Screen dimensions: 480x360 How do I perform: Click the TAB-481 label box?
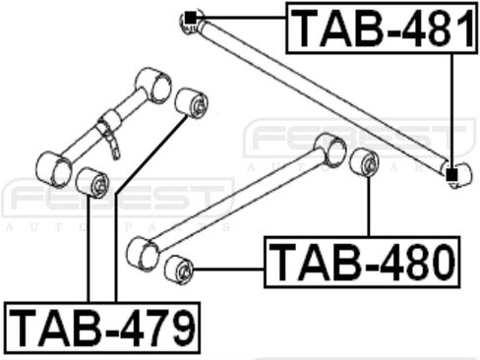(x=382, y=28)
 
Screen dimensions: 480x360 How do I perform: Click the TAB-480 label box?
(x=362, y=262)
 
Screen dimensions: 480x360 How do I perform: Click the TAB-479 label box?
(x=102, y=328)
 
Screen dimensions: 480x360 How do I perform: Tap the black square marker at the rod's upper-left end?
(x=191, y=18)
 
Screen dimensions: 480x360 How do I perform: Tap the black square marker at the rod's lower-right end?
(x=451, y=175)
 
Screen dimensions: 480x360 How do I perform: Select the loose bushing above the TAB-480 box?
(x=364, y=162)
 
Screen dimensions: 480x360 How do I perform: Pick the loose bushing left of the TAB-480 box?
(x=179, y=270)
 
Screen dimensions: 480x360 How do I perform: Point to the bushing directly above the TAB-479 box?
(x=92, y=182)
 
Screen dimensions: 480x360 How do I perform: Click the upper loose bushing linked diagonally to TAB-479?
(x=192, y=102)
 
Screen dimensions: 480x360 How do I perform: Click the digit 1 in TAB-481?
(x=464, y=28)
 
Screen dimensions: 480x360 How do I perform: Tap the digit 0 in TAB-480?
(x=442, y=263)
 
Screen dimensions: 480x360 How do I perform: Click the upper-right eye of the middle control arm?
(x=330, y=150)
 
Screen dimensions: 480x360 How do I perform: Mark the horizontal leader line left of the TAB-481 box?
(x=241, y=18)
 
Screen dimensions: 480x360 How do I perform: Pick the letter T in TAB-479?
(x=23, y=328)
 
